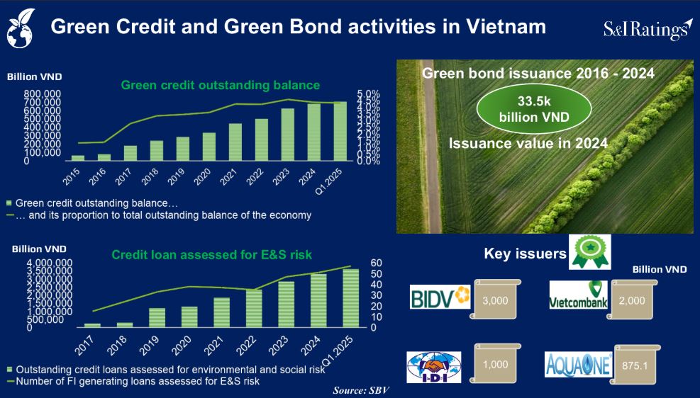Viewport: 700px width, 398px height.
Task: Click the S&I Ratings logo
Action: coord(648,29)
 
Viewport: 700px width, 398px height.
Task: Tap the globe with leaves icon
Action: coord(21,28)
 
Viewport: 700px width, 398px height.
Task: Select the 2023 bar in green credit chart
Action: coord(288,135)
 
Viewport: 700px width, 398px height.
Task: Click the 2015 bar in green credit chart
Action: coord(78,158)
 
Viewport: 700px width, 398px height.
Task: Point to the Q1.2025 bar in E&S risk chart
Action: coord(350,298)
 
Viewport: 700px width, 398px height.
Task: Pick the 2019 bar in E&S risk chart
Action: coord(157,318)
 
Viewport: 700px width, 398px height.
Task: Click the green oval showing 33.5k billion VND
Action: coord(534,109)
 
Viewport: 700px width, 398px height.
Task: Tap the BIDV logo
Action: coord(440,297)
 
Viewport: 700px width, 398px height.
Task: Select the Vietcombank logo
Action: coord(579,295)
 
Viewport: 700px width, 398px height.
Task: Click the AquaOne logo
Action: coord(578,365)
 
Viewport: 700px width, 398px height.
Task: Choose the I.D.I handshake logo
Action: coord(434,368)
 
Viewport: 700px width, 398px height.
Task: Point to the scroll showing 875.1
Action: coord(634,364)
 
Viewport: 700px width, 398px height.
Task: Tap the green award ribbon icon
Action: coord(590,252)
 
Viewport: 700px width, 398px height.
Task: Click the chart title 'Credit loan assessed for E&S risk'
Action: coord(211,255)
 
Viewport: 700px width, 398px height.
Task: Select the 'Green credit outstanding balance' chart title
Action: coord(221,85)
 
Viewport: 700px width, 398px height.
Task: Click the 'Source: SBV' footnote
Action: coord(361,390)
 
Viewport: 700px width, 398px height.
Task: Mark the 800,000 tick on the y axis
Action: coord(43,94)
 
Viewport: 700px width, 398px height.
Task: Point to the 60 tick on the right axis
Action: coord(377,263)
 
